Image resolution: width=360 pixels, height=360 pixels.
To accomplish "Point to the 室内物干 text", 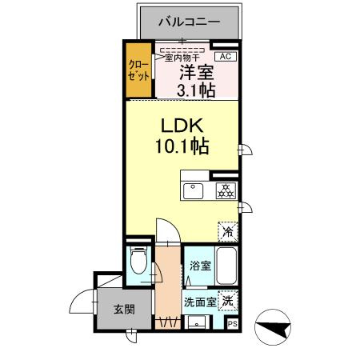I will (x=182, y=57).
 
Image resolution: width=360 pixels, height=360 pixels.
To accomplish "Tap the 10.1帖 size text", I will (x=182, y=147).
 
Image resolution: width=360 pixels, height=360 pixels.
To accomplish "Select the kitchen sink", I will (x=194, y=191).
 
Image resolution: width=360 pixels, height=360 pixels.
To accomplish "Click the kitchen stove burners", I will (x=225, y=191).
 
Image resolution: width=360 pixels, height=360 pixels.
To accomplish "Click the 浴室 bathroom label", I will (x=200, y=266).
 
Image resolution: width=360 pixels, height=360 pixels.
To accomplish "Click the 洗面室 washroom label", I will (x=199, y=302).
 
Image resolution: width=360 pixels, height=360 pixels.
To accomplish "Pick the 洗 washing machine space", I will (x=229, y=301).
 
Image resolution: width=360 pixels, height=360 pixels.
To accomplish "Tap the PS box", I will (x=232, y=324).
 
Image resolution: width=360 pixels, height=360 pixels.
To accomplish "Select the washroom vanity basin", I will (x=197, y=323).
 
